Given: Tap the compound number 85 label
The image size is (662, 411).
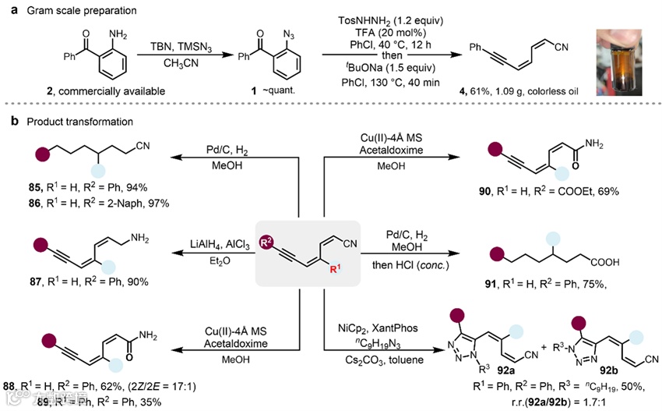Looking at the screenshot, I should click(x=32, y=188).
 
